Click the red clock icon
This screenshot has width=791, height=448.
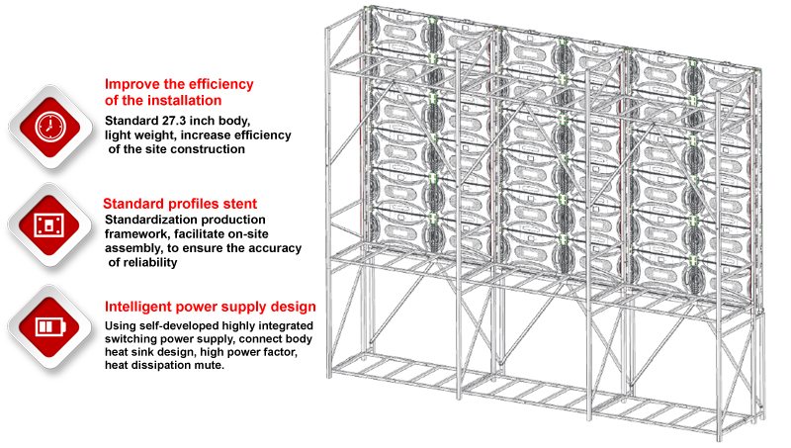pyautogui.click(x=44, y=127)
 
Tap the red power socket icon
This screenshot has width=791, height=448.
pyautogui.click(x=44, y=224)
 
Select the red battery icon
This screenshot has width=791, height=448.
pyautogui.click(x=45, y=325)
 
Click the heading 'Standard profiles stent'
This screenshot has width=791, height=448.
pyautogui.click(x=181, y=204)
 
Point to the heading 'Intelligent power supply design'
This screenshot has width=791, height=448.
pyautogui.click(x=211, y=307)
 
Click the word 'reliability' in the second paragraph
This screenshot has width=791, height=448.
pyautogui.click(x=154, y=262)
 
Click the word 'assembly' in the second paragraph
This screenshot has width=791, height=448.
pyautogui.click(x=131, y=247)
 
